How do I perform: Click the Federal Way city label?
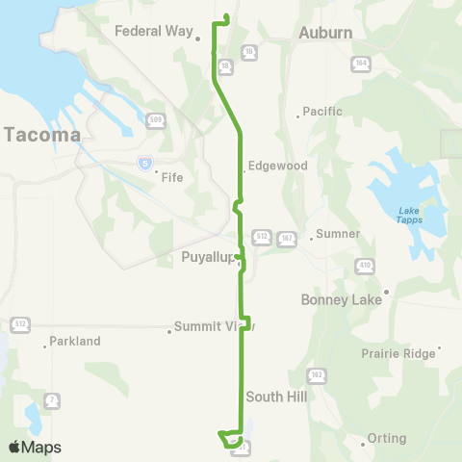click(154, 31)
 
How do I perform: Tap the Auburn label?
click(325, 33)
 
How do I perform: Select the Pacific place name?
click(322, 112)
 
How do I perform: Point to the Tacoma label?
click(42, 135)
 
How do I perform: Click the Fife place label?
click(172, 177)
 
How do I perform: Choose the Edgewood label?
click(278, 166)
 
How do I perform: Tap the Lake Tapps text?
click(409, 217)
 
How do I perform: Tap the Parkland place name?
click(75, 341)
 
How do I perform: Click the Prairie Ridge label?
click(398, 353)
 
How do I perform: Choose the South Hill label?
click(275, 396)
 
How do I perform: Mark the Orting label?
click(387, 439)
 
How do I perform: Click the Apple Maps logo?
click(35, 447)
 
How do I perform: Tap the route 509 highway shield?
click(156, 120)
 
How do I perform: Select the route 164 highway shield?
click(361, 63)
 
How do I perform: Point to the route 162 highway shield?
click(317, 373)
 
